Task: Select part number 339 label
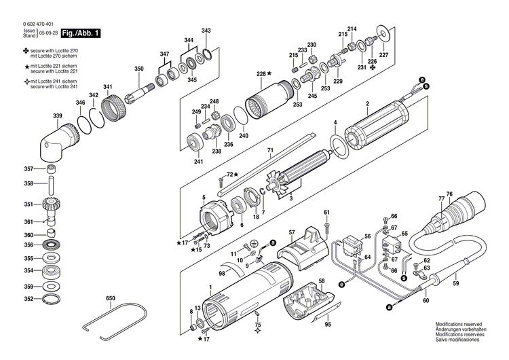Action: coord(58,116)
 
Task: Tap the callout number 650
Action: coord(110,298)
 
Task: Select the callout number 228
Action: coord(261,73)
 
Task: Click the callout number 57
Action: coord(291,232)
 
